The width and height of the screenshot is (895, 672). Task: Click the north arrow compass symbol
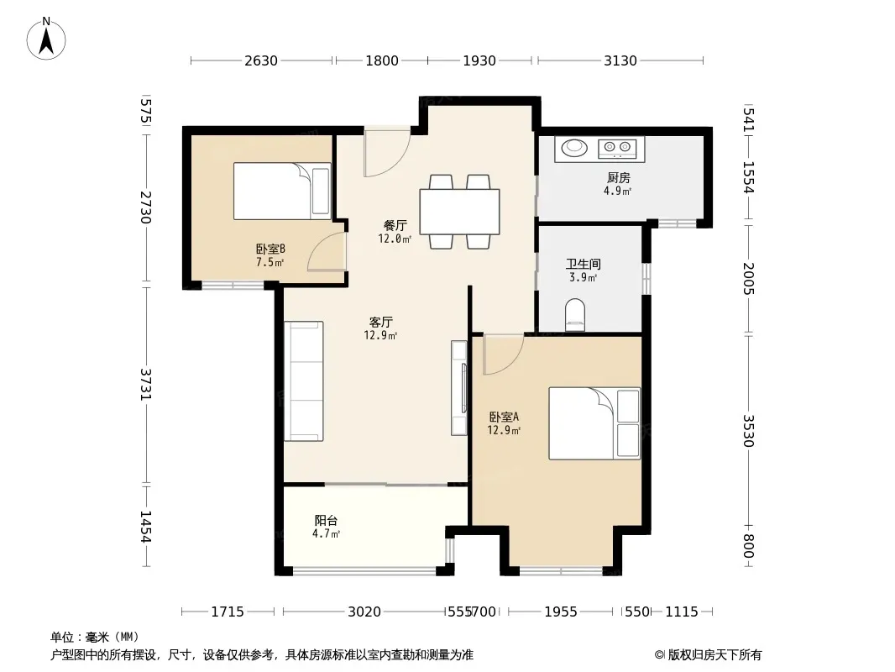click(x=46, y=39)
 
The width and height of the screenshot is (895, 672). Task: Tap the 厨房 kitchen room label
click(x=618, y=177)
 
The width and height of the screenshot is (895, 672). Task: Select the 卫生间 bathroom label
click(x=583, y=264)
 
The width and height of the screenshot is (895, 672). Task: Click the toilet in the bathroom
click(x=575, y=315)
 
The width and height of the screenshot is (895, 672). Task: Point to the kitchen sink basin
click(x=574, y=148)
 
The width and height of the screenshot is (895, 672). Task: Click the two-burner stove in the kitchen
click(x=617, y=149)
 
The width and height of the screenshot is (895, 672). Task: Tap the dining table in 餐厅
click(x=459, y=211)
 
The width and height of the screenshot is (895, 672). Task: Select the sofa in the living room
click(x=304, y=381)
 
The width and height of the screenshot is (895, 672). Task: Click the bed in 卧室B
click(x=282, y=191)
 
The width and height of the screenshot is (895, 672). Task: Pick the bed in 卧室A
click(x=594, y=423)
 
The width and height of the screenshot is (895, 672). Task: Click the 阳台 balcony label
click(x=326, y=520)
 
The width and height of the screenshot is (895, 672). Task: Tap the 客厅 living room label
click(x=380, y=322)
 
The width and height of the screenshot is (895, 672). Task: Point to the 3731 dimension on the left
click(x=146, y=384)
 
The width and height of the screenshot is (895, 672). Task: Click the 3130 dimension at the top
click(x=620, y=60)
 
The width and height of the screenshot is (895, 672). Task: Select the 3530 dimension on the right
click(x=748, y=430)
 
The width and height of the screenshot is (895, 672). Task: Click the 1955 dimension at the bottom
click(x=561, y=612)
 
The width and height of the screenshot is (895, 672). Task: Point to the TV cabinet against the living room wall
click(x=459, y=388)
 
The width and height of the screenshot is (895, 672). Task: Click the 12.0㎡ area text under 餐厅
click(x=395, y=239)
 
